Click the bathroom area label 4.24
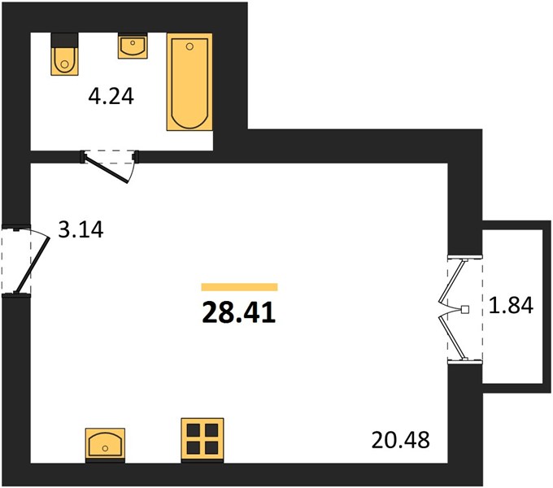pyautogui.click(x=111, y=96)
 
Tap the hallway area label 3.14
pyautogui.click(x=81, y=229)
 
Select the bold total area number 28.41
pyautogui.click(x=239, y=313)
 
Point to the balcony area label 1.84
pyautogui.click(x=511, y=305)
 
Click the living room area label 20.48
pyautogui.click(x=401, y=440)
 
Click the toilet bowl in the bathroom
pyautogui.click(x=64, y=61)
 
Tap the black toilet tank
pyautogui.click(x=64, y=40)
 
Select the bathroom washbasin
pyautogui.click(x=133, y=46)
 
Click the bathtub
pyautogui.click(x=189, y=82)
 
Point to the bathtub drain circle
pyautogui.click(x=189, y=46)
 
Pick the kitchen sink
pyautogui.click(x=105, y=443)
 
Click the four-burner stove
pyautogui.click(x=202, y=438)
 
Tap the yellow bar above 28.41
pyautogui.click(x=239, y=287)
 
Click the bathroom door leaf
pyautogui.click(x=107, y=170)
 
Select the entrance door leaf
pyautogui.click(x=33, y=264)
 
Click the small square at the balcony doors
pyautogui.click(x=465, y=309)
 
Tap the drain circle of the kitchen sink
pyautogui.click(x=105, y=448)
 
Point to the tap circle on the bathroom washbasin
pyautogui.click(x=133, y=42)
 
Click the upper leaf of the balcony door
pyautogui.click(x=452, y=281)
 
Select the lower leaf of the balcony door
pyautogui.click(x=452, y=338)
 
